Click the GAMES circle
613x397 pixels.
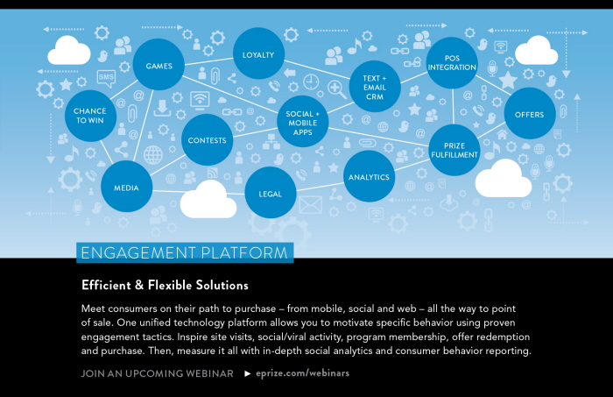(159, 66)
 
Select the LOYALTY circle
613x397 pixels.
(259, 54)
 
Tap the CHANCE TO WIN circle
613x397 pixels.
(90, 116)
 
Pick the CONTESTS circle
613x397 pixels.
(208, 139)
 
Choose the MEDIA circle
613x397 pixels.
(126, 187)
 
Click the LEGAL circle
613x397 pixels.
(271, 193)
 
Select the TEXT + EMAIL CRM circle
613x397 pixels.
(375, 85)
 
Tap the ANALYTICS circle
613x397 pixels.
(369, 177)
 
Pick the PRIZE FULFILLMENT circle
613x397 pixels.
(454, 150)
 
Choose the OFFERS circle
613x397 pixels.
(530, 114)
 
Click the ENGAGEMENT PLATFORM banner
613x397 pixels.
(185, 253)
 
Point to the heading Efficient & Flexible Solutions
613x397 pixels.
(165, 286)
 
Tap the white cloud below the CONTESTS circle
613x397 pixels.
(208, 201)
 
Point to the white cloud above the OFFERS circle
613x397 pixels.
(536, 52)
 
